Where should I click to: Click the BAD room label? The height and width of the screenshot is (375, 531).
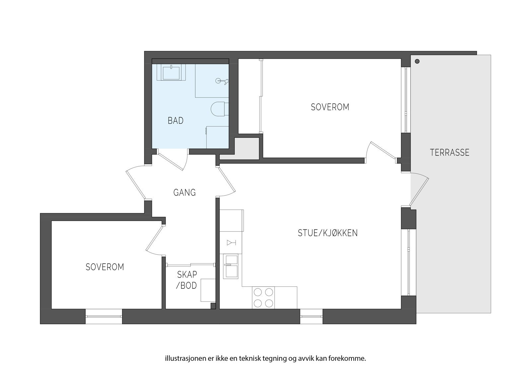point(176,121)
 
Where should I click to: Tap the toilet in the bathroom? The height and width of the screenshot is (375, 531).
point(219,109)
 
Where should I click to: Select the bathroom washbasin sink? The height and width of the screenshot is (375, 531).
point(171,72)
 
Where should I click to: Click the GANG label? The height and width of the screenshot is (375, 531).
point(185,193)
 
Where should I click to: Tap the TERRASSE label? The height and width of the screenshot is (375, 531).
point(449,153)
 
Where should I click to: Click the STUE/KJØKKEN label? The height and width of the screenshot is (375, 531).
point(328,233)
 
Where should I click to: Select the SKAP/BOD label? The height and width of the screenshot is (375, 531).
point(187,280)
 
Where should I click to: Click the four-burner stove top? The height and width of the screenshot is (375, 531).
point(263,297)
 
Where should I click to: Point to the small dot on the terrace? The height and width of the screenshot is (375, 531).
point(417,61)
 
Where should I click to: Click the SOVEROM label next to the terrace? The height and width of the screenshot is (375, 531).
point(330,107)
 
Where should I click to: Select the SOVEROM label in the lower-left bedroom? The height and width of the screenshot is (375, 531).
point(105,267)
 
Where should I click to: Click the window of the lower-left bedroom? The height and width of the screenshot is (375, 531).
point(104,317)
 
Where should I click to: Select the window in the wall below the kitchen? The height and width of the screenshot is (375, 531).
point(311,317)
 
